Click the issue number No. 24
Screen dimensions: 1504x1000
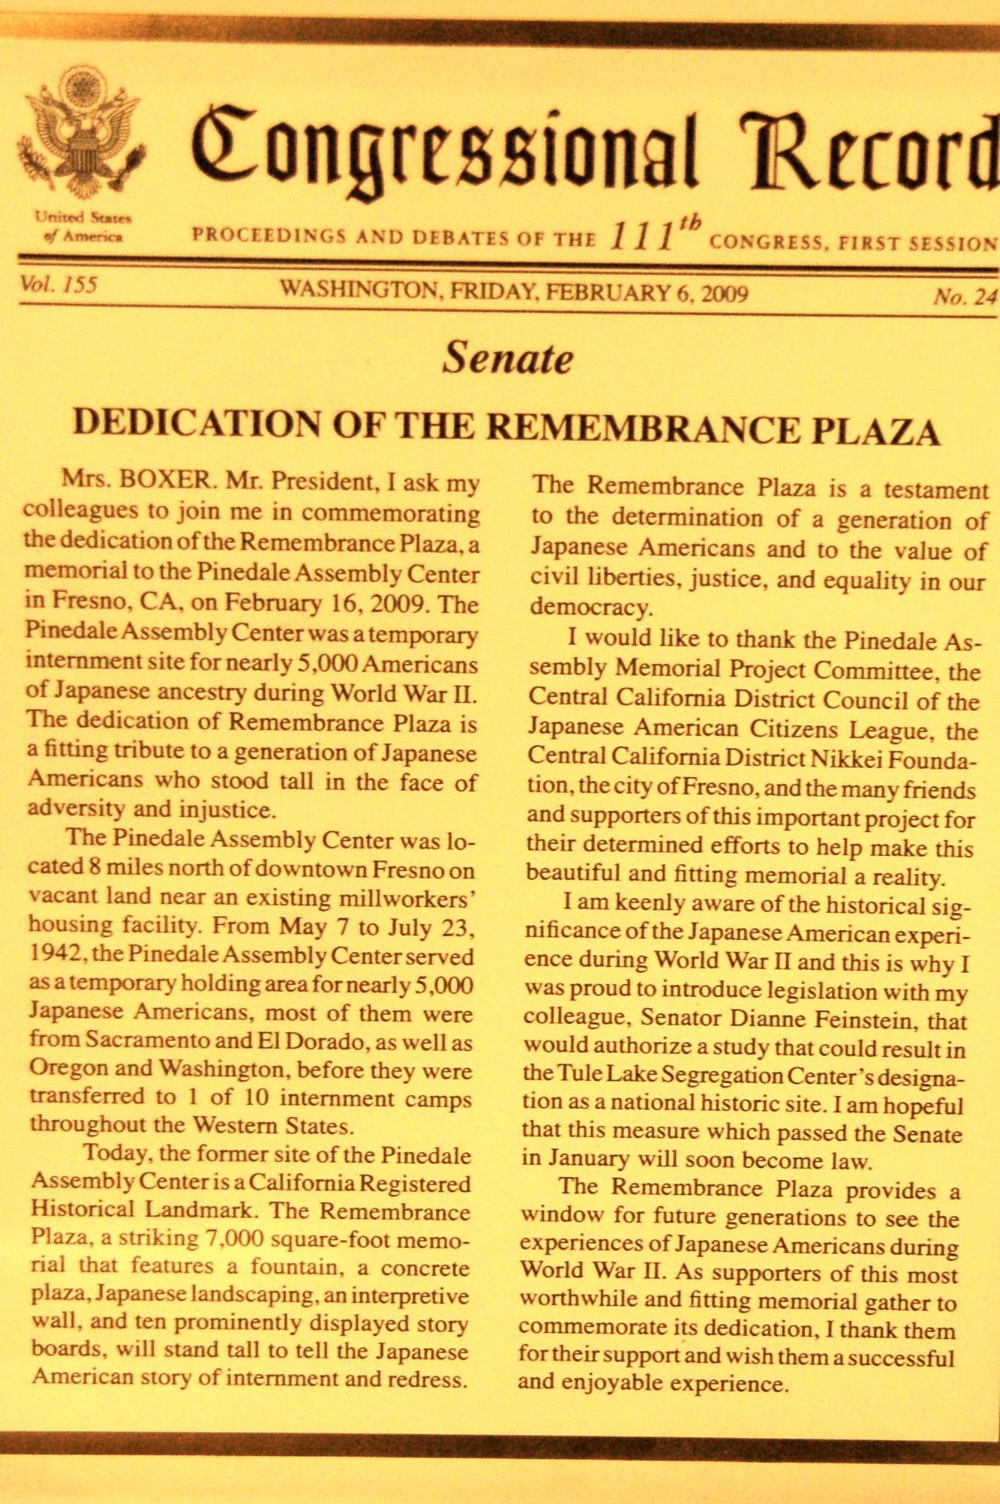pos(964,297)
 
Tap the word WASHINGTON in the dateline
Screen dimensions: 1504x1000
pos(357,290)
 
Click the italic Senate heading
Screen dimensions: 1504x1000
pos(507,357)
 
